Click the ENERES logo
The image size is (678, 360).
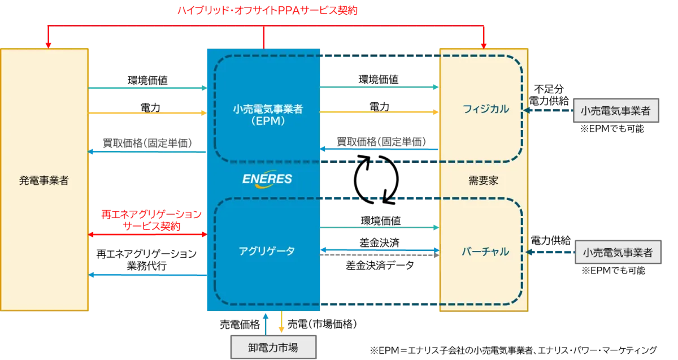click(267, 179)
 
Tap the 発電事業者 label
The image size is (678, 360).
click(44, 181)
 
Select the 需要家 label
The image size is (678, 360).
click(483, 181)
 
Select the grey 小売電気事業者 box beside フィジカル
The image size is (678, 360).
click(615, 111)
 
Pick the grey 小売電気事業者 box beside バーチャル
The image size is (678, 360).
click(617, 253)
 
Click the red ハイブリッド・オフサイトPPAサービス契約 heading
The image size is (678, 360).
click(268, 11)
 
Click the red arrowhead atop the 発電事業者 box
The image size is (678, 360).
click(49, 44)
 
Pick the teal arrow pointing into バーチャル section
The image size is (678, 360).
click(380, 227)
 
